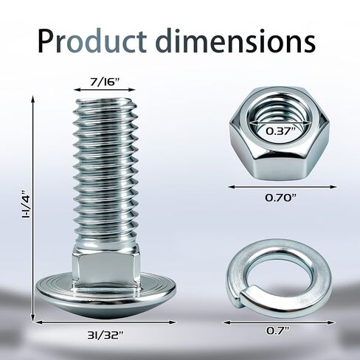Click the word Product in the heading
[92, 41]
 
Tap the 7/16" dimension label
[104, 82]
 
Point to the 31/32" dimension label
[105, 335]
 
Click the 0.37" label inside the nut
[280, 131]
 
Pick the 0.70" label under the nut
[280, 198]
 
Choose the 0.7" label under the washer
[278, 330]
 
